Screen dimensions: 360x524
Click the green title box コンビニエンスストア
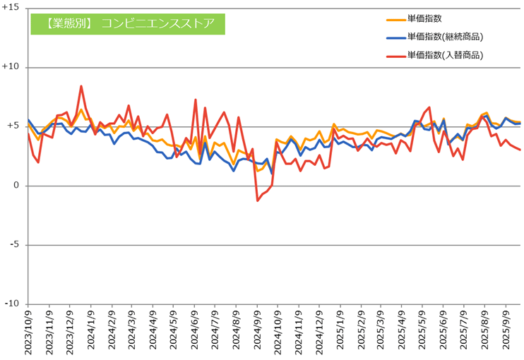[127, 23]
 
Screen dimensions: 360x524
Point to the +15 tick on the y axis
[12, 8]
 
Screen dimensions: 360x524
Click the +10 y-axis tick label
[12, 67]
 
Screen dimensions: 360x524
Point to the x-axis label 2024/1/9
[91, 332]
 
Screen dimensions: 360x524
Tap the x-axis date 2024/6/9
[195, 332]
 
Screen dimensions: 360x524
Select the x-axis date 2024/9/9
[258, 332]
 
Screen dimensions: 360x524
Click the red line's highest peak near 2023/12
[81, 86]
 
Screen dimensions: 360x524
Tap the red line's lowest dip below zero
[258, 200]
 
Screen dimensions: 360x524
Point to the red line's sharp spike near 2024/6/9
[196, 100]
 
